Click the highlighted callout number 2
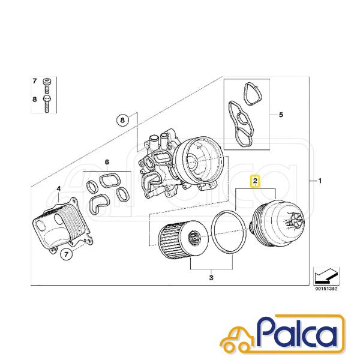click(x=256, y=181)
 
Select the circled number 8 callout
click(x=122, y=120)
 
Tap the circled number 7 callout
click(x=66, y=254)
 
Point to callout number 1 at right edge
click(x=319, y=181)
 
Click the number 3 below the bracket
click(x=211, y=278)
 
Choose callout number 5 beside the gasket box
click(x=281, y=115)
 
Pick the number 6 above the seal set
click(x=107, y=163)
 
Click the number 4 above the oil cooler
click(x=59, y=189)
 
